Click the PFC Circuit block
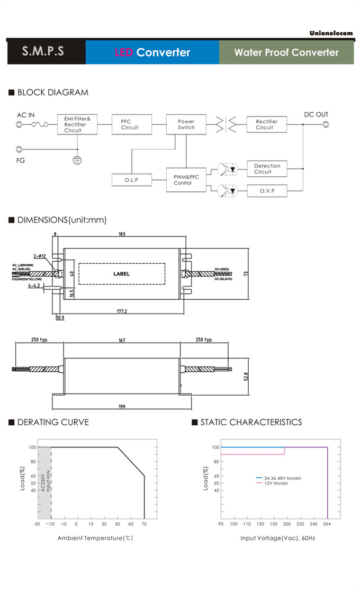(x=130, y=124)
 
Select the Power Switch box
(x=186, y=124)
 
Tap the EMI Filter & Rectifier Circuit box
(x=77, y=124)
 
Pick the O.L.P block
(x=131, y=180)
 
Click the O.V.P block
(x=267, y=191)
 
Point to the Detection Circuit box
(x=267, y=169)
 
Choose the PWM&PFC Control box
(x=186, y=180)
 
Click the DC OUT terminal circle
(x=326, y=125)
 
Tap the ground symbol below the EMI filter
(x=77, y=159)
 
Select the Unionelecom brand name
(x=331, y=33)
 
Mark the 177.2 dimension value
(x=122, y=311)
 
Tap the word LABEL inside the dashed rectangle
(x=121, y=274)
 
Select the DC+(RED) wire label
(x=221, y=269)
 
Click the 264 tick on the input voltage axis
(x=327, y=524)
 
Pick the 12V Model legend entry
(x=276, y=483)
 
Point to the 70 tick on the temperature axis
(x=144, y=524)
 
